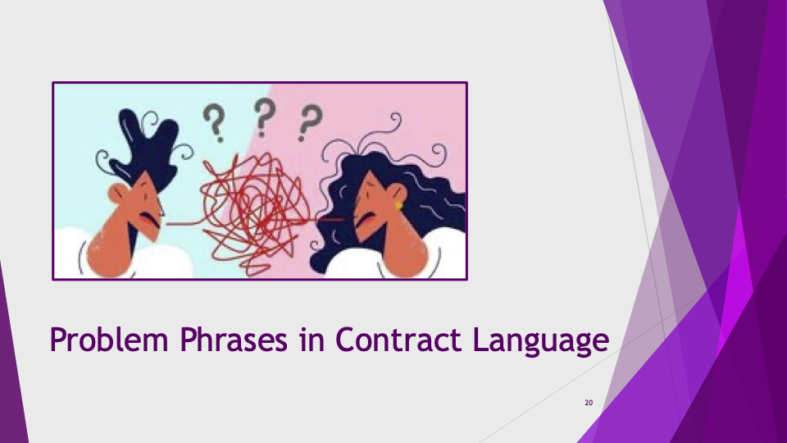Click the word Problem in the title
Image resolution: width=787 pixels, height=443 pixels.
(109, 340)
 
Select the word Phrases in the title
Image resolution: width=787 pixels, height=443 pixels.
(234, 339)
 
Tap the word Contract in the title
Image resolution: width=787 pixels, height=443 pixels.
(398, 339)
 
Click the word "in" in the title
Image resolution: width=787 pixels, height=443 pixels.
(312, 339)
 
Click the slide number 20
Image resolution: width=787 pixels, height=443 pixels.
(589, 402)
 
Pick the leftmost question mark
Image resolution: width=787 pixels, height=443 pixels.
(214, 122)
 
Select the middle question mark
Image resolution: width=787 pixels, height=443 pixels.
(265, 117)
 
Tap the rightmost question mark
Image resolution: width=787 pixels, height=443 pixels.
(310, 122)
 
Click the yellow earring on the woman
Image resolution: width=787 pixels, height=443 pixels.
(398, 205)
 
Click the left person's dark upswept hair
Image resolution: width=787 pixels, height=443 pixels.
(146, 147)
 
